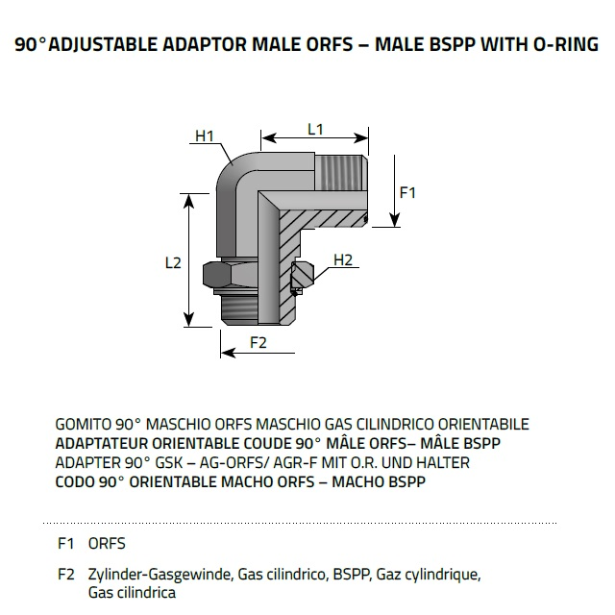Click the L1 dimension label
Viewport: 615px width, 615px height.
coord(315,129)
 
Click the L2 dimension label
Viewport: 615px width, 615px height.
coord(173,262)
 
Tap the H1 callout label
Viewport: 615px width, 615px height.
coord(204,135)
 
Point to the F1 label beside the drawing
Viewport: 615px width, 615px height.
coord(407,192)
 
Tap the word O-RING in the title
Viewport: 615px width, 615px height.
coord(564,45)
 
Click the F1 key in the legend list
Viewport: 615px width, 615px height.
coord(66,543)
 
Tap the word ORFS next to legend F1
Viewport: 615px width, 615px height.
coord(107,543)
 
